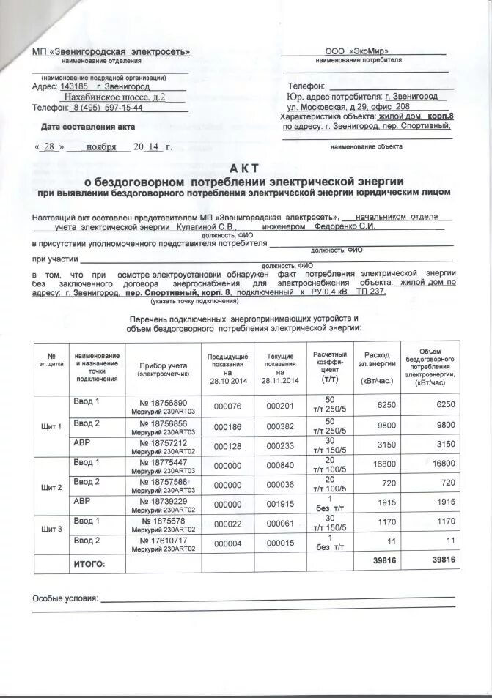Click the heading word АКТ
pyautogui.click(x=245, y=167)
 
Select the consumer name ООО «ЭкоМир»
pyautogui.click(x=357, y=51)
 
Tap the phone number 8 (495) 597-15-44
pyautogui.click(x=107, y=108)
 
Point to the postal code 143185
pyautogui.click(x=73, y=86)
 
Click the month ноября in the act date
pyautogui.click(x=101, y=146)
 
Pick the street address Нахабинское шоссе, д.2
pyautogui.click(x=114, y=97)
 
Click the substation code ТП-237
pyautogui.click(x=372, y=292)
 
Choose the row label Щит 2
pyautogui.click(x=51, y=487)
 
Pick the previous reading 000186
pyautogui.click(x=227, y=426)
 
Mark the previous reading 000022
pyautogui.click(x=227, y=524)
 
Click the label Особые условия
pyautogui.click(x=65, y=598)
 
